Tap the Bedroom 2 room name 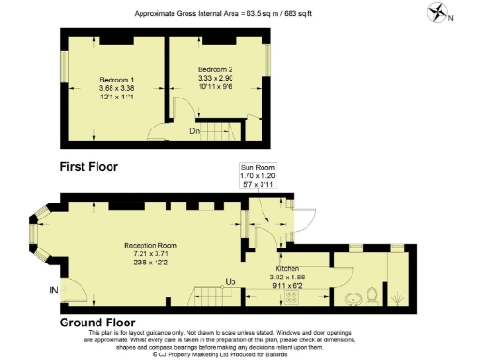(x=215, y=70)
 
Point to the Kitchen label (x=287, y=268)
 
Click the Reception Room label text (x=150, y=245)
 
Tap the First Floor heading (x=93, y=166)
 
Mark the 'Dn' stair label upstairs (x=195, y=131)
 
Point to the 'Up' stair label (x=231, y=281)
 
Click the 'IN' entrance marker (x=52, y=292)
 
